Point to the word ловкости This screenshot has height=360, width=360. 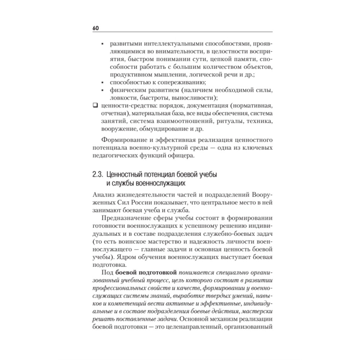point(120,98)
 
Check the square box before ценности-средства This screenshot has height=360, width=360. point(95,106)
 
